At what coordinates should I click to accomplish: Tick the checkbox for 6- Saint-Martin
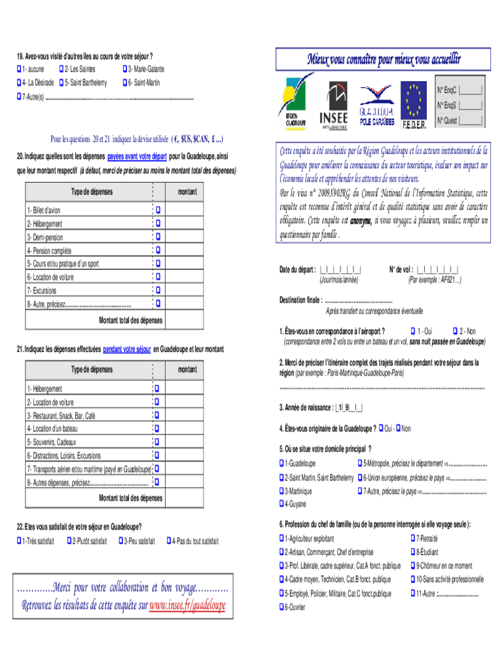126,83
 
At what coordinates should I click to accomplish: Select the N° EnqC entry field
471,90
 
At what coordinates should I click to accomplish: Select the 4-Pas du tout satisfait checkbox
170,541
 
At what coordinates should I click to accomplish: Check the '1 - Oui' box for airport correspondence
412,331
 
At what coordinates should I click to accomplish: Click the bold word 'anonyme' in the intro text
360,220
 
